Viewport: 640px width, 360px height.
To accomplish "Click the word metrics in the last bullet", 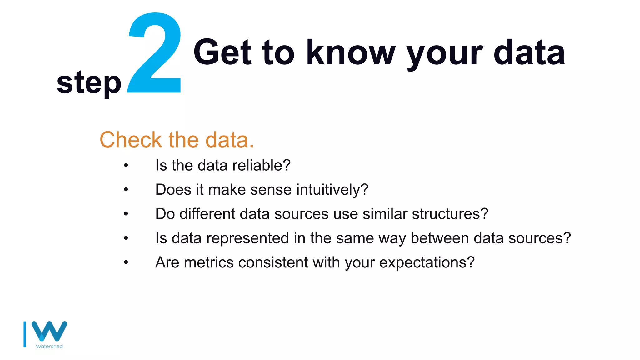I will [x=209, y=262].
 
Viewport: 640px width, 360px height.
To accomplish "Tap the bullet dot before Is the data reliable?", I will [x=126, y=165].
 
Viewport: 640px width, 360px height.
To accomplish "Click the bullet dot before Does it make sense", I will [x=126, y=190].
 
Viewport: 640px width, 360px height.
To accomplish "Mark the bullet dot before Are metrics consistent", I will [x=126, y=262].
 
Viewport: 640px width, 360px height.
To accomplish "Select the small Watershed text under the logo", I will [x=49, y=346].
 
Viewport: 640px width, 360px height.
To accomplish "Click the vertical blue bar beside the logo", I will [x=25, y=334].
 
